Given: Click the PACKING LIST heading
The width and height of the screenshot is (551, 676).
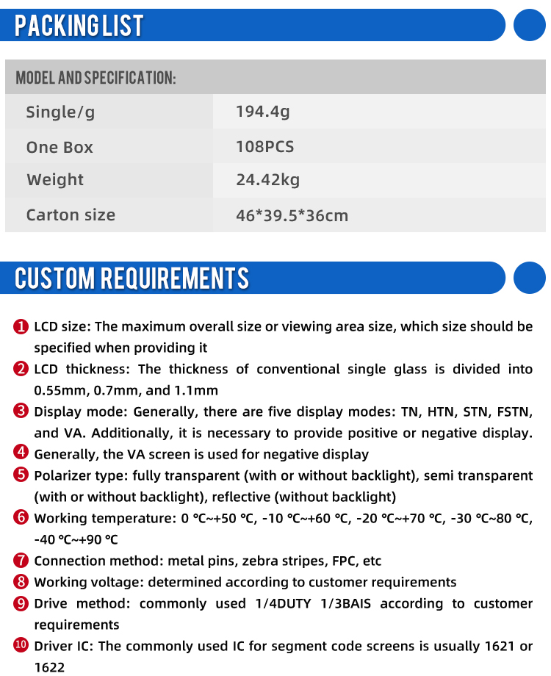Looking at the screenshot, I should [79, 26].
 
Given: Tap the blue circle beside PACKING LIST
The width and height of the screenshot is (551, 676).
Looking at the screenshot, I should [529, 25].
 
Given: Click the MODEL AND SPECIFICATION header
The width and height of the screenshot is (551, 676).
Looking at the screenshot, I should [96, 78].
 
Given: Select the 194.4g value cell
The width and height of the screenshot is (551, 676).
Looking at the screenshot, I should [262, 112].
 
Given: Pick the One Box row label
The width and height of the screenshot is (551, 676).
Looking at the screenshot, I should [60, 147].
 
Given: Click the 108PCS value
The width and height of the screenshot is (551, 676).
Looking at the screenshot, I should [264, 146].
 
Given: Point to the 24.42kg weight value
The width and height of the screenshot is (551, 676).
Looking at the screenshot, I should [267, 180].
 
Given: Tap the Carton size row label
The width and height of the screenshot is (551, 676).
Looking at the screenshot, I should [71, 215].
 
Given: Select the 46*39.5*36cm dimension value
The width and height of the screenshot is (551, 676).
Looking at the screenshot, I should [292, 215].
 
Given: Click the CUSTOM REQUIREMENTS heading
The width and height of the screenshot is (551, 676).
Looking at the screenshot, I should [132, 278].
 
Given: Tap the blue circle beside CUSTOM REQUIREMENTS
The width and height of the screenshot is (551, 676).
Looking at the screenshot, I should [529, 278].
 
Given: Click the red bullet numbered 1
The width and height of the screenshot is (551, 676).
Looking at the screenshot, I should [21, 326].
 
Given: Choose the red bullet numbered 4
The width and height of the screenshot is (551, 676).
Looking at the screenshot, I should [21, 454].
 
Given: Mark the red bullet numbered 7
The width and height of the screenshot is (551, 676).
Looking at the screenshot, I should [21, 561].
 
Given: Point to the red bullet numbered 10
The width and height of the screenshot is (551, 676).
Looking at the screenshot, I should [21, 646].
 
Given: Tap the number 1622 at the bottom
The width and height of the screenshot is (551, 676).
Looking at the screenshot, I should [49, 667].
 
